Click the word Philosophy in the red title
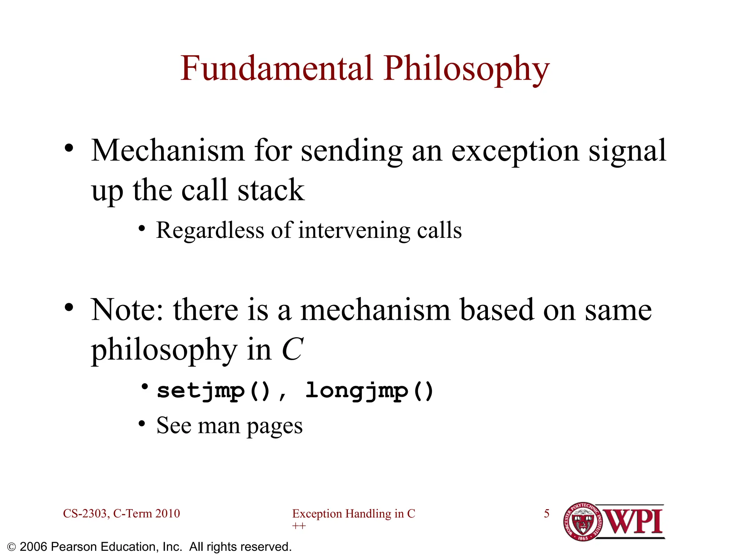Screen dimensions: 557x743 [467, 70]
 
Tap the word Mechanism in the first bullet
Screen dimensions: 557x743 [168, 151]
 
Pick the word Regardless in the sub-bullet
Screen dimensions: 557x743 [210, 231]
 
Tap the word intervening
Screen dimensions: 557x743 [354, 231]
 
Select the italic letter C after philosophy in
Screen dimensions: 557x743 [292, 349]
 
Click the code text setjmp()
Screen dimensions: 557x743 [214, 391]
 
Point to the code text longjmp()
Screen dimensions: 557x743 [369, 391]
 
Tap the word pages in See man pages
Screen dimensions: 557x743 [275, 426]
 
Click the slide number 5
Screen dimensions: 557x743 [546, 513]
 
